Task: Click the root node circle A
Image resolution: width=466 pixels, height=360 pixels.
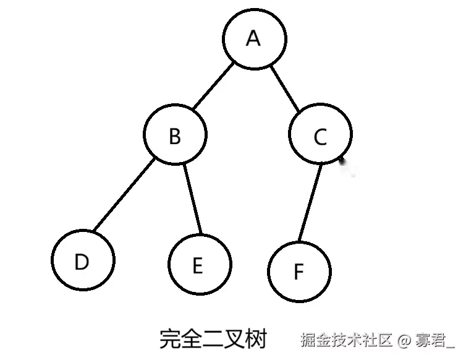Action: (255, 39)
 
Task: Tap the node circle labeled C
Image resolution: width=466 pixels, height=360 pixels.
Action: (320, 136)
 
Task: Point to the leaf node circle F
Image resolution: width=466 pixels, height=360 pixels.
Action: (299, 271)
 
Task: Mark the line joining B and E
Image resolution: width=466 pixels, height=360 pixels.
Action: (194, 199)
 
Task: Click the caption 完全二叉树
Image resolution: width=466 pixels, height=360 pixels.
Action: (213, 340)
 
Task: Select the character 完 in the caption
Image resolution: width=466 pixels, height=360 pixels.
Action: (170, 340)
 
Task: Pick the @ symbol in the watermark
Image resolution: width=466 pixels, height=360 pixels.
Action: (404, 340)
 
